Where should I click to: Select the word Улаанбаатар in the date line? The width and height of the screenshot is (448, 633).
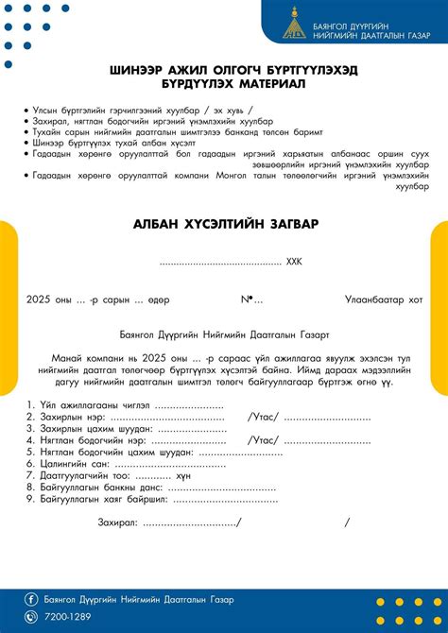point(374,300)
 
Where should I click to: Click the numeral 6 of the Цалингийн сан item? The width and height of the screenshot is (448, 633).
point(31,464)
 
